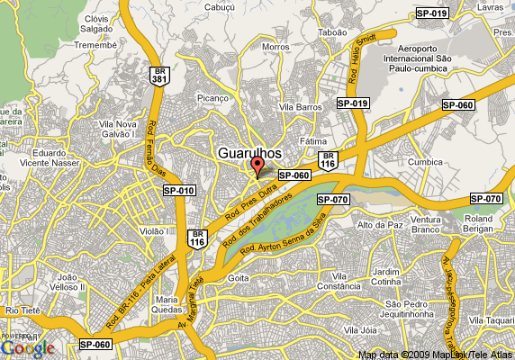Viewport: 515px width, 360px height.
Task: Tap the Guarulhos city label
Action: coord(256,153)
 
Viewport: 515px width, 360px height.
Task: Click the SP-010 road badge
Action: coord(178,190)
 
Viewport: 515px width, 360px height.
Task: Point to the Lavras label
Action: coord(489,6)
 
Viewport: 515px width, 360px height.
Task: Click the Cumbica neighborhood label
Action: coord(425,162)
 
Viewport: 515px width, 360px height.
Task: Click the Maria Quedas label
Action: coord(167,304)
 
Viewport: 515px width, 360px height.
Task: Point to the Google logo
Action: coord(27,347)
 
